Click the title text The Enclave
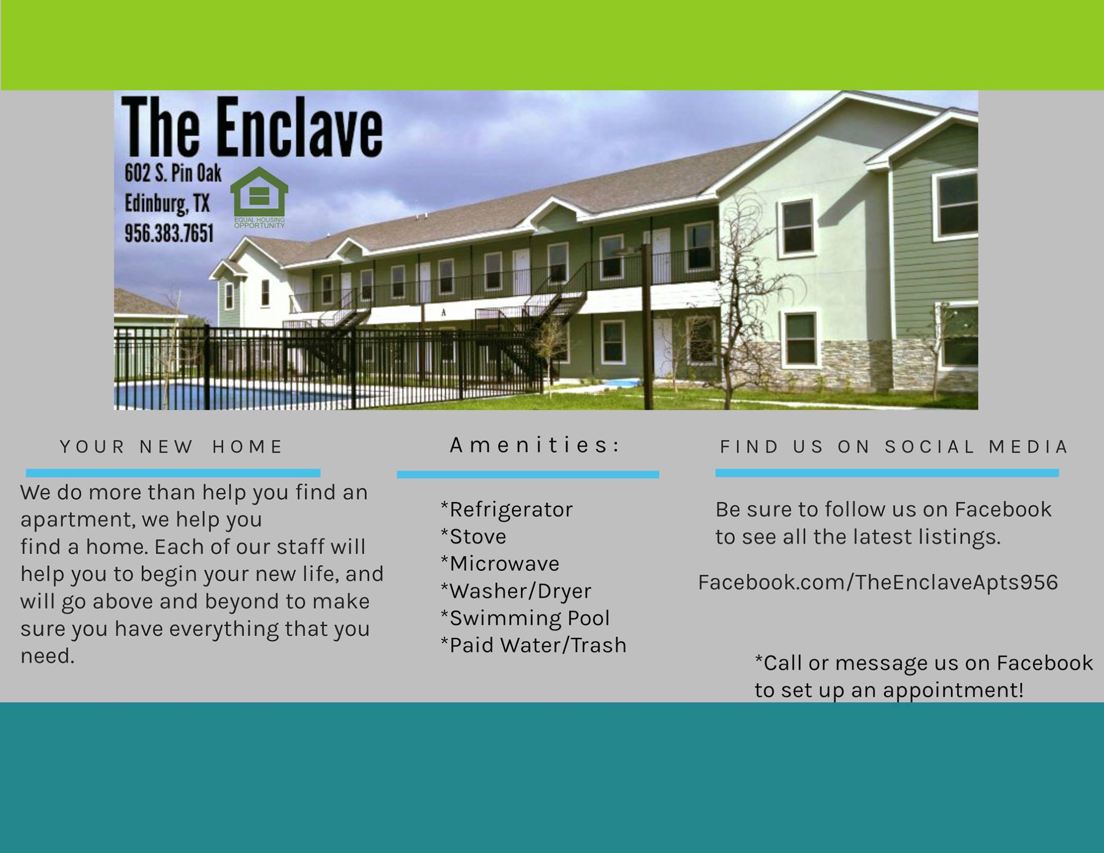(252, 127)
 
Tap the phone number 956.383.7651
(169, 233)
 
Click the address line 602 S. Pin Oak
(173, 173)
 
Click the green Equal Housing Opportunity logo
(259, 197)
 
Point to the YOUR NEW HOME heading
(171, 447)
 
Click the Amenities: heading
(535, 445)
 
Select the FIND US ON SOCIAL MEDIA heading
(894, 447)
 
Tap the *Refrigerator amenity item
(507, 510)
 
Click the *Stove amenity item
(473, 536)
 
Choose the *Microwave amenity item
(500, 563)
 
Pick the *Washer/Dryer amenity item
(516, 591)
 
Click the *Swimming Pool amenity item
(525, 618)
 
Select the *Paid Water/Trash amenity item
(534, 645)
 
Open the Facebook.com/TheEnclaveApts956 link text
(878, 582)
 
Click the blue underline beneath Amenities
(528, 474)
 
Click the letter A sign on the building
(444, 312)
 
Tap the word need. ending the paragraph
(47, 657)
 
